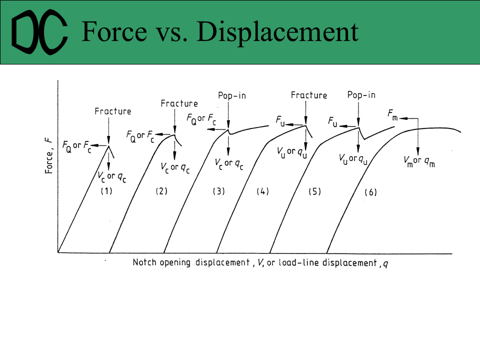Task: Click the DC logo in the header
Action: [x=39, y=32]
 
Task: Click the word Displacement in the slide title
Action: [x=277, y=31]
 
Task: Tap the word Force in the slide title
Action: [x=113, y=31]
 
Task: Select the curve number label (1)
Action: [x=106, y=190]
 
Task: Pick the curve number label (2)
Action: [x=160, y=190]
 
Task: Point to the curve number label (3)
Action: [x=218, y=190]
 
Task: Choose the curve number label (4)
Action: [x=262, y=190]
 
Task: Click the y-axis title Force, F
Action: [x=49, y=156]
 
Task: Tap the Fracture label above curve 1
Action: [x=113, y=111]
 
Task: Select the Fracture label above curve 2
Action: [x=179, y=103]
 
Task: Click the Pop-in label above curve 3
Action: [x=232, y=95]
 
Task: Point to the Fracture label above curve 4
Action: [x=309, y=95]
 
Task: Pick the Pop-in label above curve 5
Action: [x=361, y=95]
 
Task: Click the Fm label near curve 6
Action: [x=393, y=114]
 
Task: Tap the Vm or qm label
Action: [x=419, y=161]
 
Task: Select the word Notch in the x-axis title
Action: [x=144, y=262]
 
